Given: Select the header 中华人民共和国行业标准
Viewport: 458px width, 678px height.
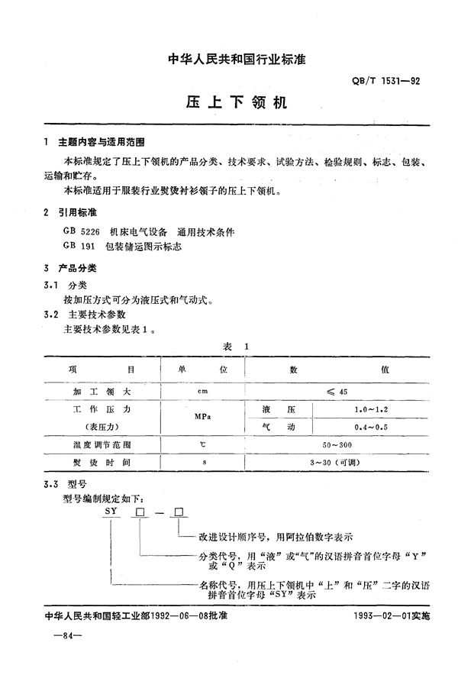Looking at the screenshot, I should [229, 59].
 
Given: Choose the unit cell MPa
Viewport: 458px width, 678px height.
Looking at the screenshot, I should [202, 418].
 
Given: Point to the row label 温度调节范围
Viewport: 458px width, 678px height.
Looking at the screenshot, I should [102, 444].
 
